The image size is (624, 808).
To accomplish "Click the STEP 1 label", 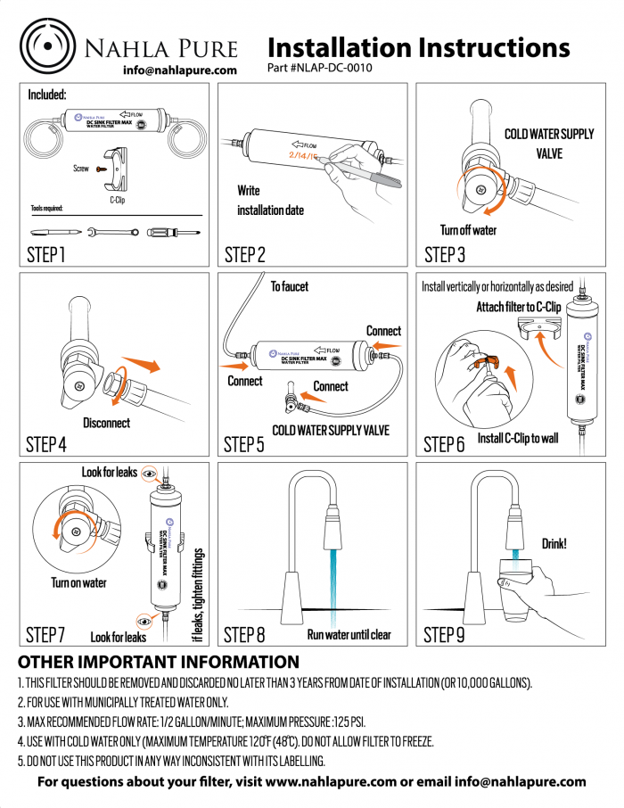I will pyautogui.click(x=46, y=255).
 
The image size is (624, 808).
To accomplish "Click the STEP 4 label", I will pyautogui.click(x=46, y=444).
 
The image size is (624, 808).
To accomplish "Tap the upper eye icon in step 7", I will pyautogui.click(x=149, y=472).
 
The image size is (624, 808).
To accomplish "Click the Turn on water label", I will pyautogui.click(x=78, y=582).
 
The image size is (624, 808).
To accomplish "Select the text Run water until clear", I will pyautogui.click(x=349, y=635).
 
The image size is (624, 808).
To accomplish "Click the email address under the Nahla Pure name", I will pyautogui.click(x=179, y=70).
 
